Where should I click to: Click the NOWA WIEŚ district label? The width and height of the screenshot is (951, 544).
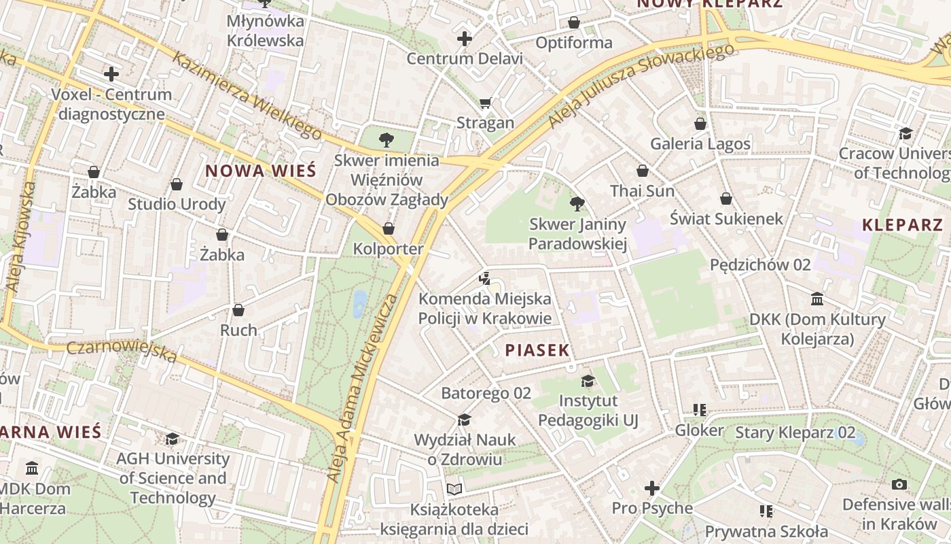[260, 170]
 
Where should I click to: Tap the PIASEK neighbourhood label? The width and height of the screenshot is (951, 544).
[537, 350]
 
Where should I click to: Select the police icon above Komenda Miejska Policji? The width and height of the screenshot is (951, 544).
[484, 277]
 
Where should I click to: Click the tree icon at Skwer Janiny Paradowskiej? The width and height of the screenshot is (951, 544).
[577, 203]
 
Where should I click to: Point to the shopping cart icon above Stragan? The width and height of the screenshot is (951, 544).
[485, 103]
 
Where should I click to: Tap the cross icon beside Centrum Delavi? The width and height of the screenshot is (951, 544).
[465, 39]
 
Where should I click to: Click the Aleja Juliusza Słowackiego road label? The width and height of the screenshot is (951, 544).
[642, 85]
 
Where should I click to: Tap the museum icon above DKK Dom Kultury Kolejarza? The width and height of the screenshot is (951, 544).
[817, 299]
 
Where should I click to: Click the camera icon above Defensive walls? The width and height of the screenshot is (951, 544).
[899, 484]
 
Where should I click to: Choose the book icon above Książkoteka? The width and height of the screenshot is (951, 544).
[454, 489]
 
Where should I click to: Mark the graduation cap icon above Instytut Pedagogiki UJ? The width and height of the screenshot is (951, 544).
[588, 381]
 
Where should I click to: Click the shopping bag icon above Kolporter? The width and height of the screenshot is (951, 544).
[389, 228]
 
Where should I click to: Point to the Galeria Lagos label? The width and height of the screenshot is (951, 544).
[700, 143]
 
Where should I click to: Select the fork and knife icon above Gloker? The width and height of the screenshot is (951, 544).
[700, 410]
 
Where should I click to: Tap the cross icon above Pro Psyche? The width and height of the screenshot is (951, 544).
[652, 488]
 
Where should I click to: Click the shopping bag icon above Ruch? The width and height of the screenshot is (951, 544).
[238, 310]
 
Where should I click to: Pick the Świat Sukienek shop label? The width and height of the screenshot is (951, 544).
[726, 218]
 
